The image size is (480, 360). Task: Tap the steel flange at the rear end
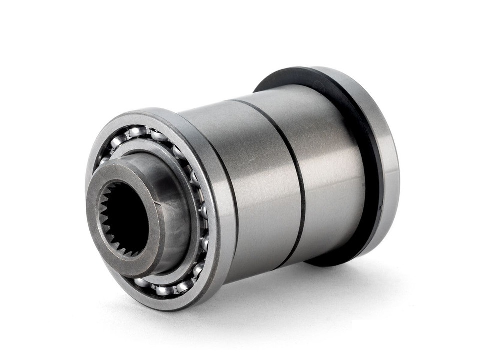click(385, 165)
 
